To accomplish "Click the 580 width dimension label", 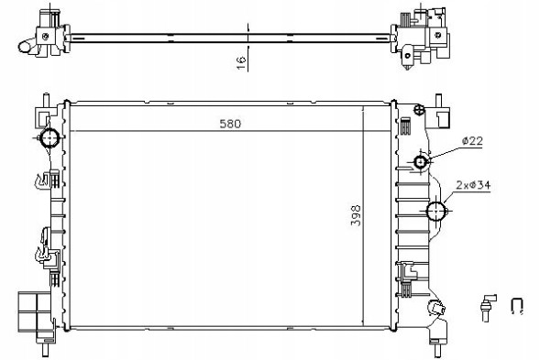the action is [x=230, y=124].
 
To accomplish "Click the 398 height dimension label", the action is [x=356, y=215].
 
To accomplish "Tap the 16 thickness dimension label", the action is [x=242, y=62].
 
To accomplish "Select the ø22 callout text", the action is [x=472, y=140].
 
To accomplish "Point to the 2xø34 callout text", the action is [x=473, y=185].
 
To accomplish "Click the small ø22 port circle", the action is [x=421, y=161].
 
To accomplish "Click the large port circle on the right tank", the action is [x=435, y=211].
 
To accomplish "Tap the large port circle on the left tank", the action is [x=50, y=137].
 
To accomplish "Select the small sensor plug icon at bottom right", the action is [x=488, y=307].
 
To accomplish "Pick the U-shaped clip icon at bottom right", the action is [x=516, y=306].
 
